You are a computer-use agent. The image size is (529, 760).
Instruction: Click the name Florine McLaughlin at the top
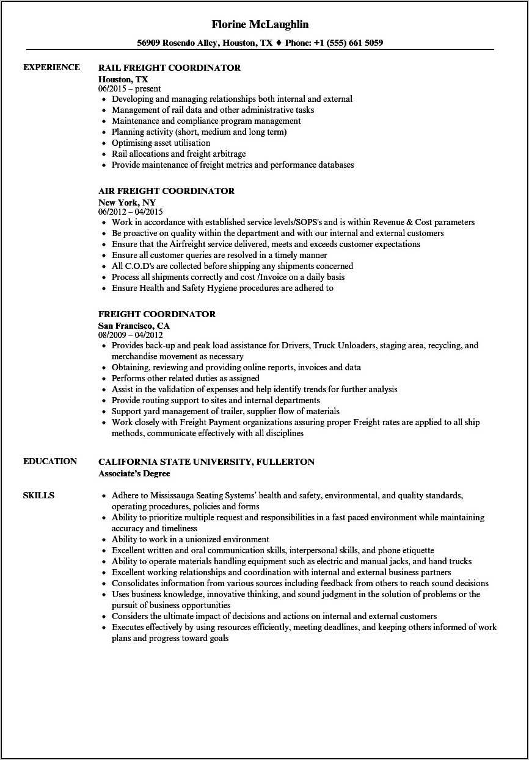pos(260,24)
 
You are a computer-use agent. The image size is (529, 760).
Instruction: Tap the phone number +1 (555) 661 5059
pos(348,43)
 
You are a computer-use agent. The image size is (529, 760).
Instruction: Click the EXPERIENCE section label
pos(51,67)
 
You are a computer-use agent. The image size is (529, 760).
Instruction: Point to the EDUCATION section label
pos(50,461)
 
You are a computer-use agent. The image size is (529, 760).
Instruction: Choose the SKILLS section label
pos(38,495)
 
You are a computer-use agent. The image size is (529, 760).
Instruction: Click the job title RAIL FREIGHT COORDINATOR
pos(169,68)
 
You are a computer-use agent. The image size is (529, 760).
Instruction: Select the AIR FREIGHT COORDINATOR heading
pos(166,191)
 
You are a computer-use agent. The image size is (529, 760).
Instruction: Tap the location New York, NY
pos(126,202)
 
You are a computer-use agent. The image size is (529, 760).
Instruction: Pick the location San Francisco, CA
pos(134,325)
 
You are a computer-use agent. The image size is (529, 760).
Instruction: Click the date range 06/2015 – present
pos(130,88)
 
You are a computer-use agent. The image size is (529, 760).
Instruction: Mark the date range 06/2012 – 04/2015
pos(130,212)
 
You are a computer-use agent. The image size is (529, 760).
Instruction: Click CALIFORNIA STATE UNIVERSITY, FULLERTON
pos(206,462)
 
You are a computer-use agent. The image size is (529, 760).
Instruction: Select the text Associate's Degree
pos(134,473)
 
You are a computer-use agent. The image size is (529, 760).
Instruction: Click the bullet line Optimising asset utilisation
pos(161,143)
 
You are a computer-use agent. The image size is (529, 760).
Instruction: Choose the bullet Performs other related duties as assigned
pos(185,378)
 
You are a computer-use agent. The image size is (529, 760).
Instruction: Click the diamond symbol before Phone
pos(279,43)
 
